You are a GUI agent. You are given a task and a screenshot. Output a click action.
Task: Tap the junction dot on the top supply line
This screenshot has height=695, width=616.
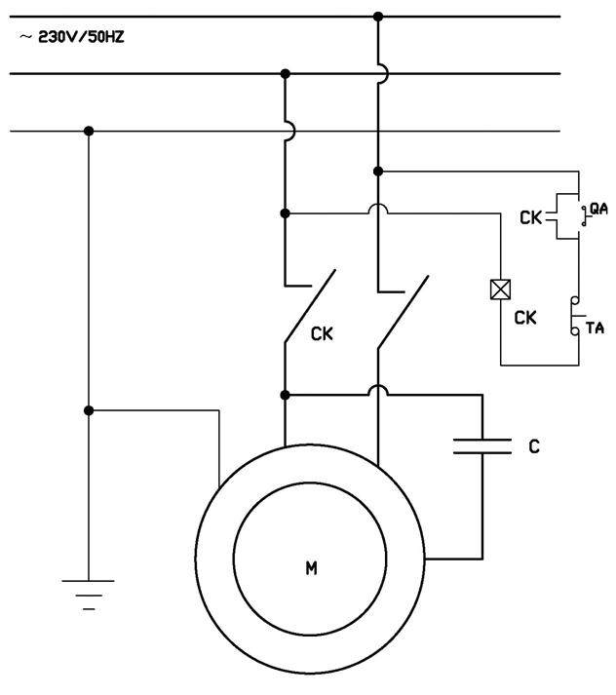coord(378,16)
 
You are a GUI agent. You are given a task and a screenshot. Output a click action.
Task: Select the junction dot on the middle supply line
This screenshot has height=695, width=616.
coord(285,73)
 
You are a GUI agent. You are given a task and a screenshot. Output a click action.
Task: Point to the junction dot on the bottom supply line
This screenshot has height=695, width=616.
coord(89,131)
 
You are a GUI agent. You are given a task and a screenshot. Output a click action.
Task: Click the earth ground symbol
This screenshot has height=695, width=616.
coord(89,591)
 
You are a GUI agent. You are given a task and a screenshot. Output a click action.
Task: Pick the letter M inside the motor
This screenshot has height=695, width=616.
coord(311,568)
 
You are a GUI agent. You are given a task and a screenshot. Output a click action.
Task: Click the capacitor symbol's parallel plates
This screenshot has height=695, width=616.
coord(482,446)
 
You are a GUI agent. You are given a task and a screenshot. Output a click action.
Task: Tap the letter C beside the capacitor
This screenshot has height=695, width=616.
coord(533,446)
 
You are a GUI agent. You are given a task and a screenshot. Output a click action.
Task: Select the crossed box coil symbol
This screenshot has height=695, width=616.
coord(500,290)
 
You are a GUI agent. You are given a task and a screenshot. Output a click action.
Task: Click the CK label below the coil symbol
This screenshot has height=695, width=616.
coord(525,318)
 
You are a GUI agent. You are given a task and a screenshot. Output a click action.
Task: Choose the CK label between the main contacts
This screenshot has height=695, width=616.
coord(322,334)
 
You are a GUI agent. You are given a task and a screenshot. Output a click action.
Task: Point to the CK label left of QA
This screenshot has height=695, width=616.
coord(530,218)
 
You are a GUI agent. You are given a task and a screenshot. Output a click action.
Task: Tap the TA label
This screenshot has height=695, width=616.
coord(594,328)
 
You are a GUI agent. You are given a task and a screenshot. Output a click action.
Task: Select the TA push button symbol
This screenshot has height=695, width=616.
coord(576,318)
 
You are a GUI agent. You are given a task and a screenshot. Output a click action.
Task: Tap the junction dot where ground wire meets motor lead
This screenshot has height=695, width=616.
coord(89,410)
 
